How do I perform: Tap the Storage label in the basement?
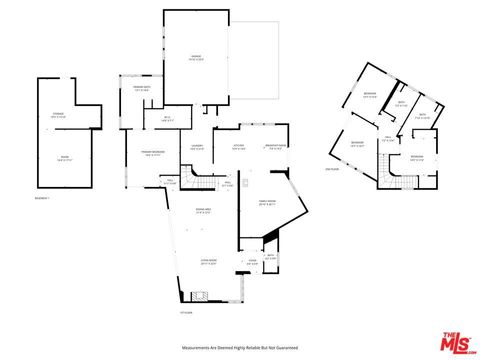pyautogui.click(x=58, y=116)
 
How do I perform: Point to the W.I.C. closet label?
pyautogui.click(x=168, y=121)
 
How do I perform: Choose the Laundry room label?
pyautogui.click(x=197, y=148)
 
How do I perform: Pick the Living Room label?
pyautogui.click(x=209, y=264)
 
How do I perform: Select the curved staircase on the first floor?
pyautogui.click(x=204, y=182)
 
